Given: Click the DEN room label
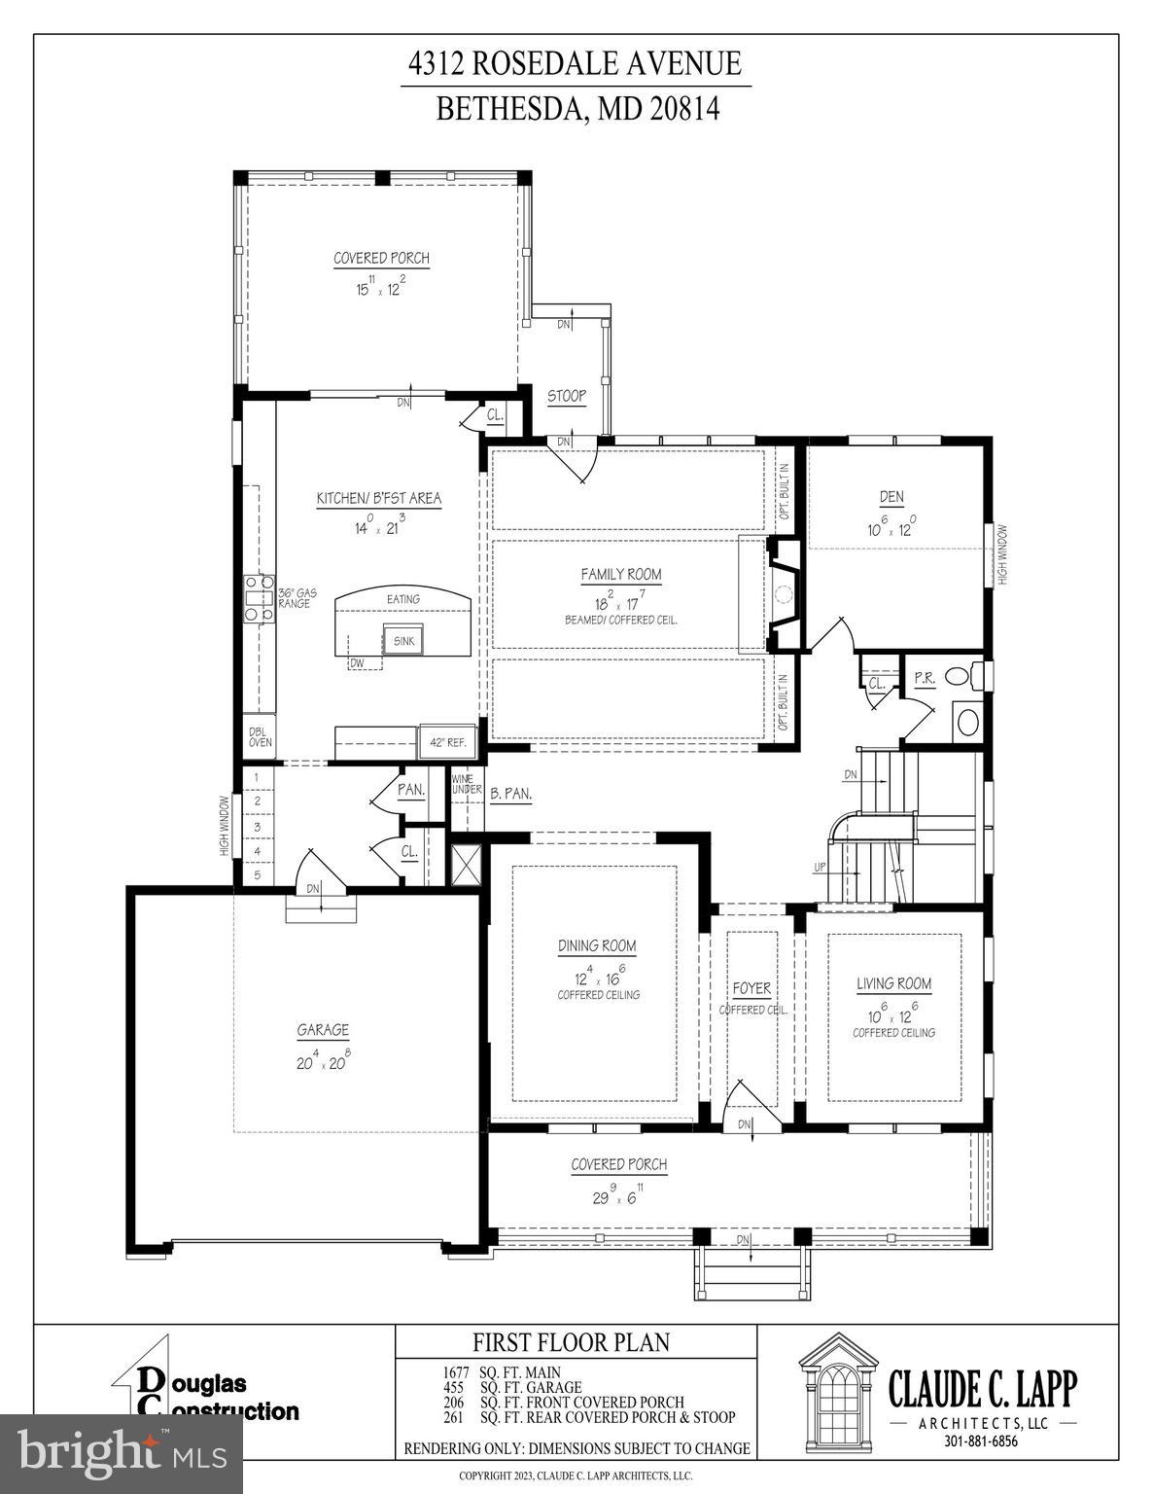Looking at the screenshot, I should tap(891, 497).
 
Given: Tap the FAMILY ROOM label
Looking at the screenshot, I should tap(620, 574).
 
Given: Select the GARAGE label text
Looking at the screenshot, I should tap(322, 1030).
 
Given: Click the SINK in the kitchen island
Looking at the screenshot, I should tap(403, 641).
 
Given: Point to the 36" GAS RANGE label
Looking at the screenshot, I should tap(297, 598).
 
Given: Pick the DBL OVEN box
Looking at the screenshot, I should tap(260, 736).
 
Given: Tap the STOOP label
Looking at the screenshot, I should tap(566, 396).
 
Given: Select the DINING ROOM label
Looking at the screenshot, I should tap(597, 945).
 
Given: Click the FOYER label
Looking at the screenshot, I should tap(751, 988).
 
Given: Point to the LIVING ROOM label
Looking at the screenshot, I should tap(893, 983).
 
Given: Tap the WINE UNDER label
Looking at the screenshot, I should tap(467, 783).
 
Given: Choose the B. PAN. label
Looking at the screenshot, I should tap(510, 794).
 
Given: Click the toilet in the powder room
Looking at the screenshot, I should tap(959, 675).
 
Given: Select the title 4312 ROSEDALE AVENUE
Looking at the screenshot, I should tap(576, 64).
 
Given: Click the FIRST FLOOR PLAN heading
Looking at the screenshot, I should tap(571, 1343).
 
